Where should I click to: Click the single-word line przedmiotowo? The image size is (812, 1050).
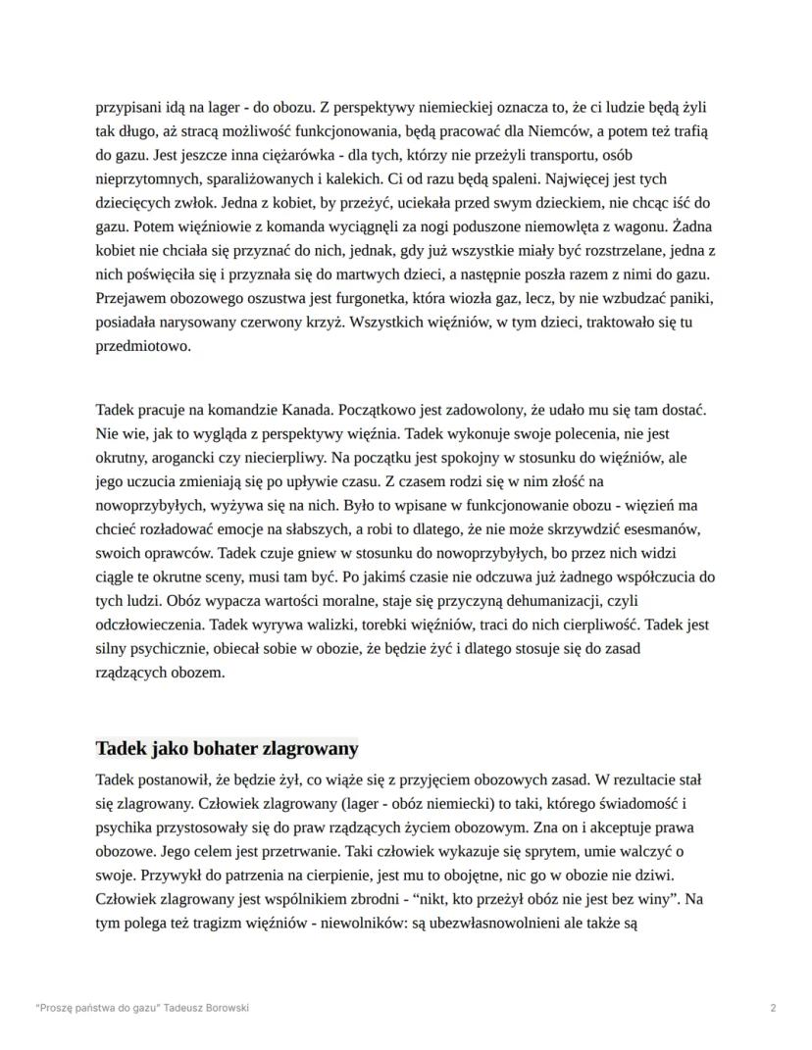(x=143, y=346)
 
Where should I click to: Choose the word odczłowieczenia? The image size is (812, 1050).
(x=154, y=625)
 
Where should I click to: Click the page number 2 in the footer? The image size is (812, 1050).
(x=774, y=1008)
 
